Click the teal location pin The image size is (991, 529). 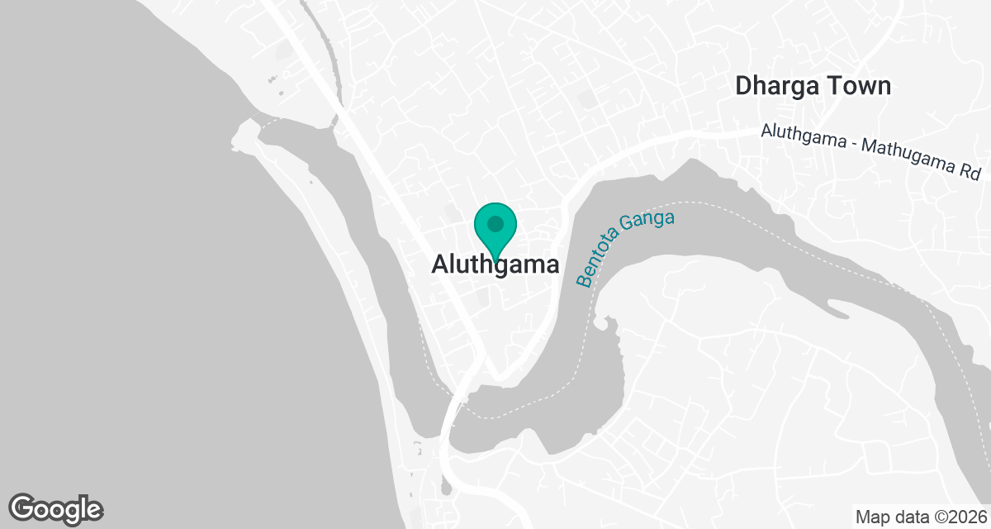click(x=495, y=231)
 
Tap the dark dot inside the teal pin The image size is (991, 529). click(x=495, y=223)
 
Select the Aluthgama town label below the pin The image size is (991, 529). click(x=495, y=265)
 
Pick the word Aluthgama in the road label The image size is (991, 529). click(x=804, y=138)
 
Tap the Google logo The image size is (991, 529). click(x=55, y=509)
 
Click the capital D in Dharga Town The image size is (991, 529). click(x=744, y=85)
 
